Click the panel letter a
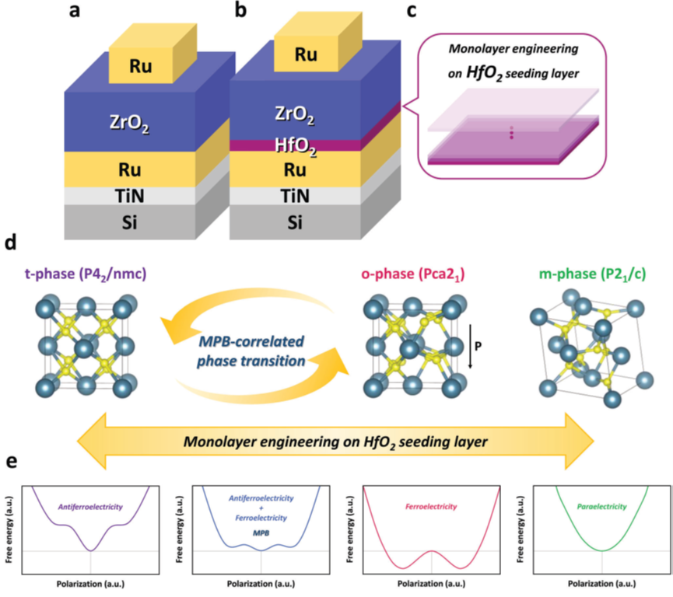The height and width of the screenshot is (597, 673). (x=74, y=10)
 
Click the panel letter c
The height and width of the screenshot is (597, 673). (x=411, y=10)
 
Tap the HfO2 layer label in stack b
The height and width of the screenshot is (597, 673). (x=296, y=146)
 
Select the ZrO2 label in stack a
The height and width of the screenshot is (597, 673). (x=130, y=123)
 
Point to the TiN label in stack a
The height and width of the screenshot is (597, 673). (x=130, y=196)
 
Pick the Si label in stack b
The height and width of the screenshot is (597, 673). (x=295, y=222)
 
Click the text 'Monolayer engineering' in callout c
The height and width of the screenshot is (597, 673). (x=514, y=49)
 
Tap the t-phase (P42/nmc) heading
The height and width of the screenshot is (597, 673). (x=86, y=274)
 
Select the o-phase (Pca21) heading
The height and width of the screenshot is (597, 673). (x=413, y=274)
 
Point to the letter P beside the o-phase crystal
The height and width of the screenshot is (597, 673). (x=478, y=345)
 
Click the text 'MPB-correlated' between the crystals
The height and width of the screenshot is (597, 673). (x=251, y=342)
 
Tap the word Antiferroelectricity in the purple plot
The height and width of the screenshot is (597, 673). (x=90, y=507)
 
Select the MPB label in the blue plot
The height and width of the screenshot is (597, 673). (x=261, y=533)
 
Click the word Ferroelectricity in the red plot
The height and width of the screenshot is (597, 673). (x=431, y=507)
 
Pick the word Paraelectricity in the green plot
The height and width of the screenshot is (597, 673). (x=601, y=507)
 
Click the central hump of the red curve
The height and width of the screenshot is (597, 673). (x=432, y=551)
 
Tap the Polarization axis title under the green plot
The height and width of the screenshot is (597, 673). (x=601, y=584)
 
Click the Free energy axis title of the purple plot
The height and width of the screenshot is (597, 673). (x=9, y=529)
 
